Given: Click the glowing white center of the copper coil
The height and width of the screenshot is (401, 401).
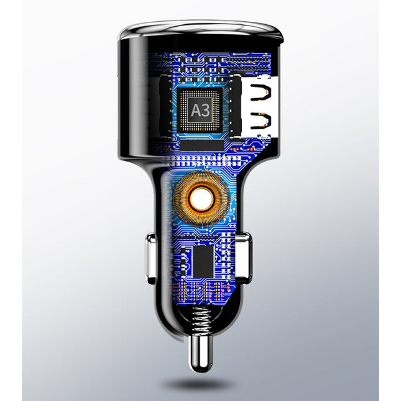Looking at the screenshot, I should tap(200, 199).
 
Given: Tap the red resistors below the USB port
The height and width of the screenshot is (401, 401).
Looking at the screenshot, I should tap(252, 149).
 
